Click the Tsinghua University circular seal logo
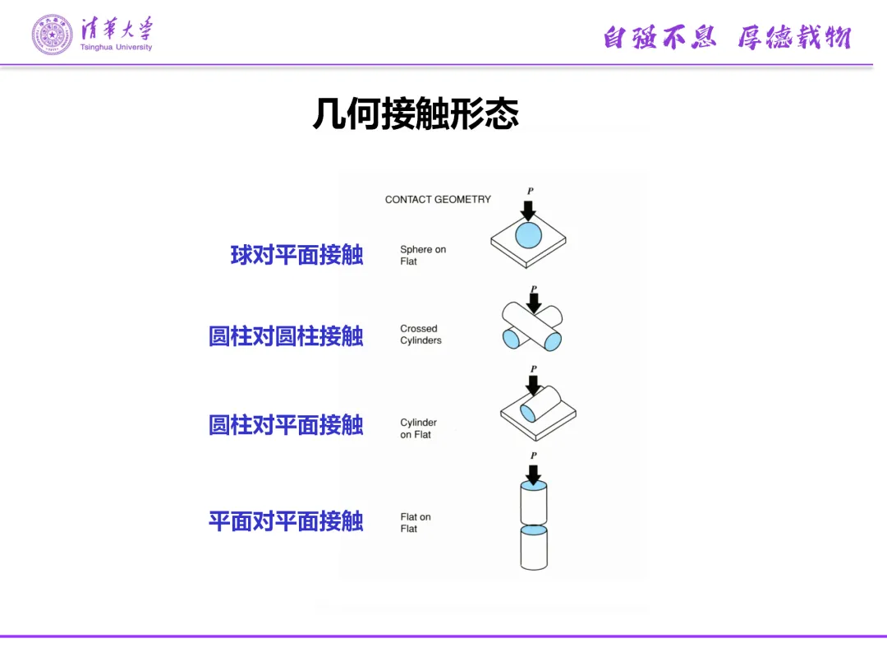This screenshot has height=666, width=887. pos(52,34)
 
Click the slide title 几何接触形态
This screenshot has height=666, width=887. pos(416,113)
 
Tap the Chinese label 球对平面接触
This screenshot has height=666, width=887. pos(296,255)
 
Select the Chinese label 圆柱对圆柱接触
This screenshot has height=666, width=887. pos(286,336)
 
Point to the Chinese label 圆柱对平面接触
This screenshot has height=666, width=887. pos(286,425)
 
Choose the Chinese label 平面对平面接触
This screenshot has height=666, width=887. pos(286,521)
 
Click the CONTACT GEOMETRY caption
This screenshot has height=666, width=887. pos(438,199)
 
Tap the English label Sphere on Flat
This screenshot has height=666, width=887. pos(422,255)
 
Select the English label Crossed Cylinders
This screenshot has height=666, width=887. pos(421,335)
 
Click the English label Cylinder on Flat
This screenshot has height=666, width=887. pos(418,428)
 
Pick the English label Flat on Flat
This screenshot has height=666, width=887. pos(416,523)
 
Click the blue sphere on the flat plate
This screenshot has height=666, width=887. pos(529,235)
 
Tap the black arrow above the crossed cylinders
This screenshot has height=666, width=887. pos(534,303)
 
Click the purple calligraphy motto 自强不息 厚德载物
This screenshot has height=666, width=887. pos(727,37)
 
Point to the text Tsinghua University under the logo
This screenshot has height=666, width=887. pos(117,48)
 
